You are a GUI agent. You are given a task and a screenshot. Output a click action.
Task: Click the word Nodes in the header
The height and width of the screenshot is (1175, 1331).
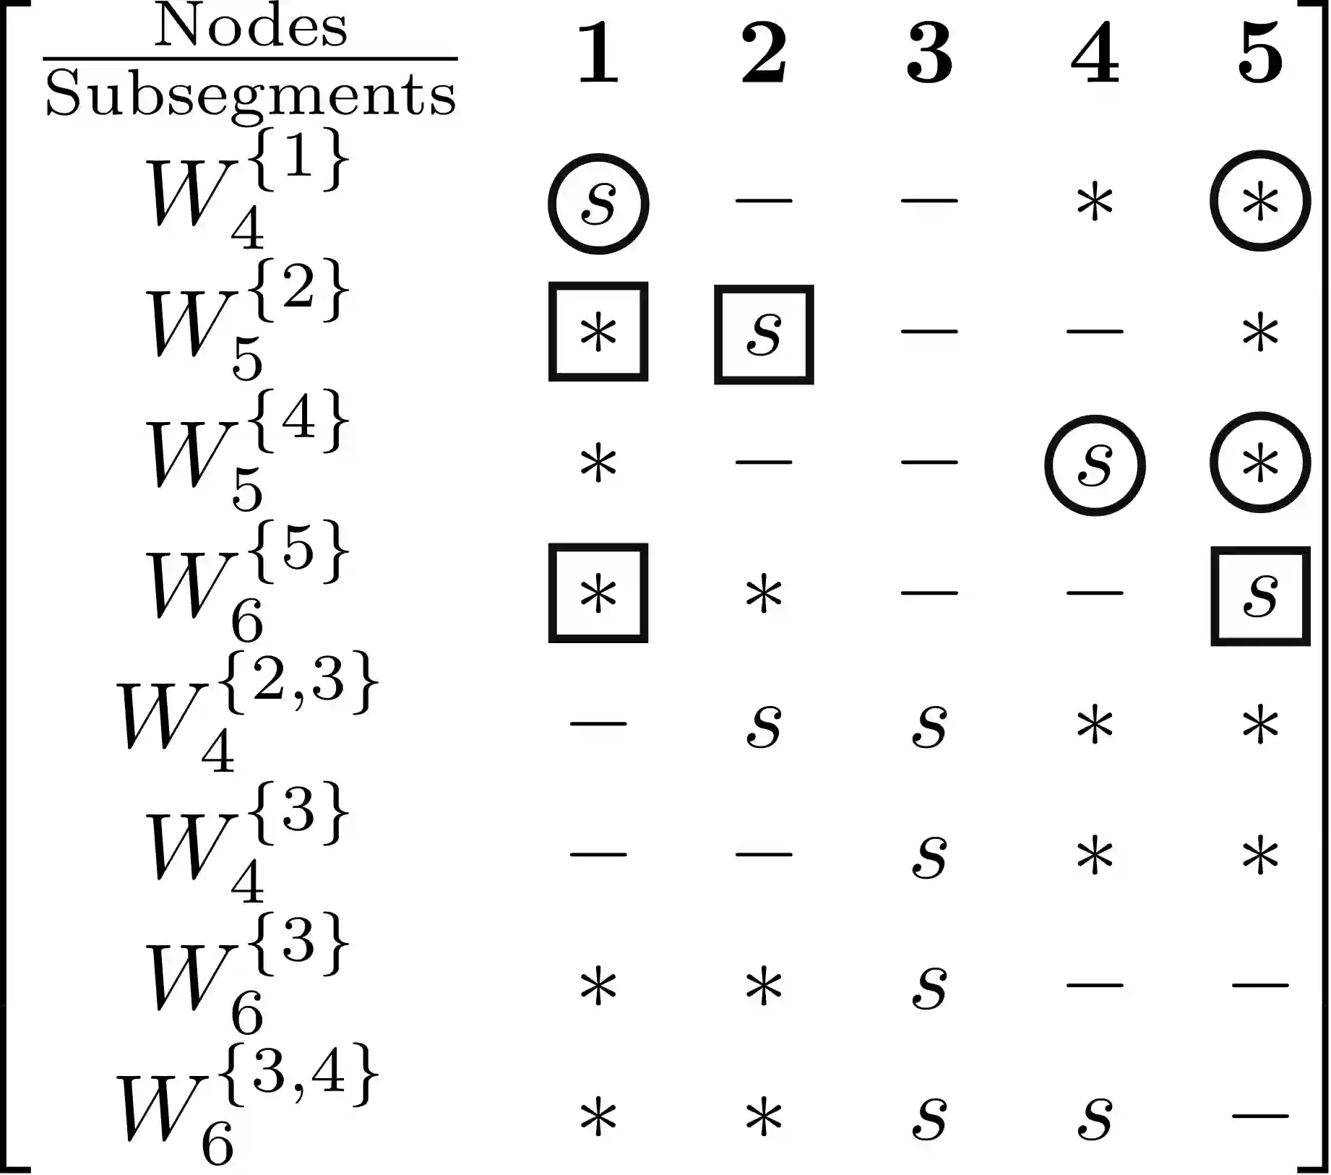pos(250,27)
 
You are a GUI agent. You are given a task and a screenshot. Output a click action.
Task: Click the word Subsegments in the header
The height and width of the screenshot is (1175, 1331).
pos(250,94)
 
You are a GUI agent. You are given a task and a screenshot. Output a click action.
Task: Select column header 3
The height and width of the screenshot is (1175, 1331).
pos(929,53)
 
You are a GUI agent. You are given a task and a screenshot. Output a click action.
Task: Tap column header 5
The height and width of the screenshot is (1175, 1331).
pos(1260,53)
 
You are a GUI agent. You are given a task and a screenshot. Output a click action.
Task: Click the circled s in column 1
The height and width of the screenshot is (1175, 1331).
pos(598,204)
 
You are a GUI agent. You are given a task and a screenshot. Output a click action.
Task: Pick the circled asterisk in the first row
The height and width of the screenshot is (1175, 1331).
pos(1260,202)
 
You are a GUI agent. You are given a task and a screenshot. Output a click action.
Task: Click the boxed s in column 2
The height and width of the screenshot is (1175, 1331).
pos(764,334)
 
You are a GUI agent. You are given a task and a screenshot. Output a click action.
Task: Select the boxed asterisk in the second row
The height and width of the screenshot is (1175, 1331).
pos(598,332)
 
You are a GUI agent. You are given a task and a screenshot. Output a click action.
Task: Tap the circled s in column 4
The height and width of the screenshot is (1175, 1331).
pos(1095,465)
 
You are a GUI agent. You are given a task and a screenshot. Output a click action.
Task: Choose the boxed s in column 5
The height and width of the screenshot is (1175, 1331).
pos(1260,595)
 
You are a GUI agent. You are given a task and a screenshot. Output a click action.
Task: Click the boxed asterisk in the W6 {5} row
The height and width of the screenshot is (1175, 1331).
pos(598,593)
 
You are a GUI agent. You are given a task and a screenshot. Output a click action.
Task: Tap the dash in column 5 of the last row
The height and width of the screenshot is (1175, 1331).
pos(1260,1116)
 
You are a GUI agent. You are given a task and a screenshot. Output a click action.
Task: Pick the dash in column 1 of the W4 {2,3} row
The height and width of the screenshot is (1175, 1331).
pos(598,723)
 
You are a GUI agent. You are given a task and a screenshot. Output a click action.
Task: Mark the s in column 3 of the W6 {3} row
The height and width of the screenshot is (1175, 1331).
pos(929,988)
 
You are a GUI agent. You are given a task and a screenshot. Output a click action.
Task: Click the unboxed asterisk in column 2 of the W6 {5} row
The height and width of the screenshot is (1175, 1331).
pos(764,596)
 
